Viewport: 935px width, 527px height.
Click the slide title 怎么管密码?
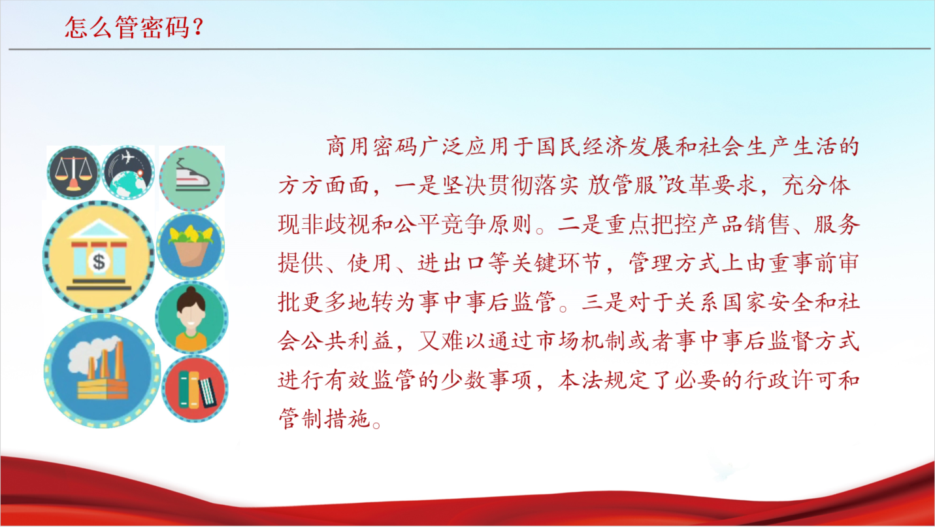[x=133, y=27]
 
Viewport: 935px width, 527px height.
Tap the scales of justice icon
[x=73, y=172]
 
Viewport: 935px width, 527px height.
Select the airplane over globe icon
[x=128, y=172]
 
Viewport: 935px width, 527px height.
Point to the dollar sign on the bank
[x=99, y=262]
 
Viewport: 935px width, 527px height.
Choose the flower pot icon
[x=190, y=246]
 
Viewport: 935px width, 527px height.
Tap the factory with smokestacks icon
[x=102, y=371]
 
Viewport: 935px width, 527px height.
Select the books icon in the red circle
[x=195, y=388]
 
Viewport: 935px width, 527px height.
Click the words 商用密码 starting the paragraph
[x=372, y=147]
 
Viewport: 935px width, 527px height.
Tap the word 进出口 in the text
[x=453, y=263]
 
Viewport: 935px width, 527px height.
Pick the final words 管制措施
[x=324, y=419]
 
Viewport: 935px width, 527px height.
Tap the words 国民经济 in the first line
[x=582, y=147]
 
